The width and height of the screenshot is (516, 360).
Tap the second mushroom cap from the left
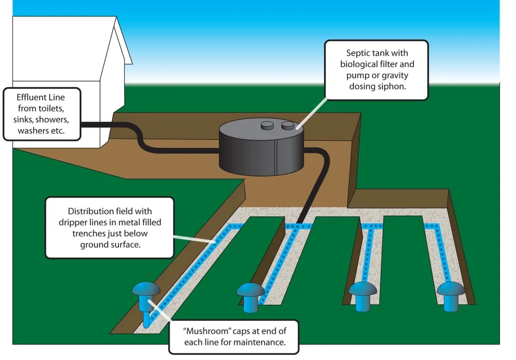tap(251, 291)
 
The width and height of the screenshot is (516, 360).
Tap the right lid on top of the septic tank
tap(287, 125)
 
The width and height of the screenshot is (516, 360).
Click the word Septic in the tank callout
tap(359, 53)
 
